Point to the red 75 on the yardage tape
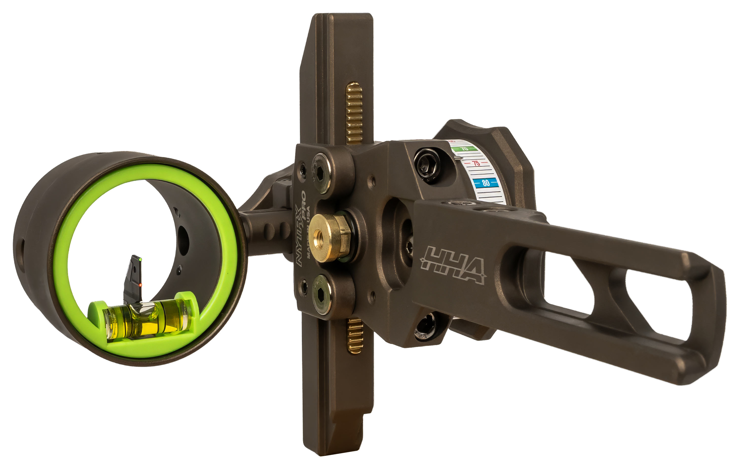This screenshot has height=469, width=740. click(x=476, y=163)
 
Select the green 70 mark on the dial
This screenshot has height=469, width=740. click(x=465, y=149)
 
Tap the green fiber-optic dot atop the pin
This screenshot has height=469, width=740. click(x=140, y=260)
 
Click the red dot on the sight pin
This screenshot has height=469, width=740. click(x=140, y=285)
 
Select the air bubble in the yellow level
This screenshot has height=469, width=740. click(x=145, y=311)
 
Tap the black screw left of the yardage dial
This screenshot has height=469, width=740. click(x=427, y=166)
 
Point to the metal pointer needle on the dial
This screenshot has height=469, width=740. click(x=458, y=158)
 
